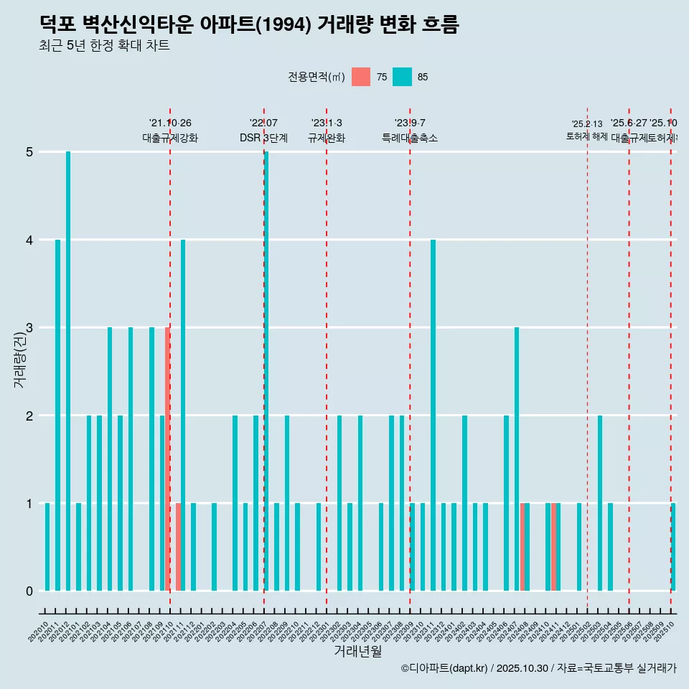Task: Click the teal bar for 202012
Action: (x=68, y=371)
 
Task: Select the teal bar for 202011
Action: (x=57, y=415)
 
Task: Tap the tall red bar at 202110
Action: (x=167, y=459)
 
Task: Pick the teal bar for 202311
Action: (x=433, y=415)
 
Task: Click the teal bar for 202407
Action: (x=517, y=459)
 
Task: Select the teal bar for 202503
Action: (x=600, y=502)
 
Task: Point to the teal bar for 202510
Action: (x=673, y=547)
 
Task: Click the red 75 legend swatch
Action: (x=361, y=77)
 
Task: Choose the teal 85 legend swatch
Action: (x=402, y=77)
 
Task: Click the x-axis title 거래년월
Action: (x=357, y=651)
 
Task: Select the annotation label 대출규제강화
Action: (x=170, y=138)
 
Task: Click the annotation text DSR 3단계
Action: (x=263, y=138)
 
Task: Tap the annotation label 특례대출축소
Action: (x=409, y=138)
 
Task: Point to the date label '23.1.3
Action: (x=327, y=123)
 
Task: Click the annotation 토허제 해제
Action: (x=586, y=136)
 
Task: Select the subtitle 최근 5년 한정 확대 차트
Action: (x=104, y=46)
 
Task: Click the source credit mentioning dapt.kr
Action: (x=538, y=668)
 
